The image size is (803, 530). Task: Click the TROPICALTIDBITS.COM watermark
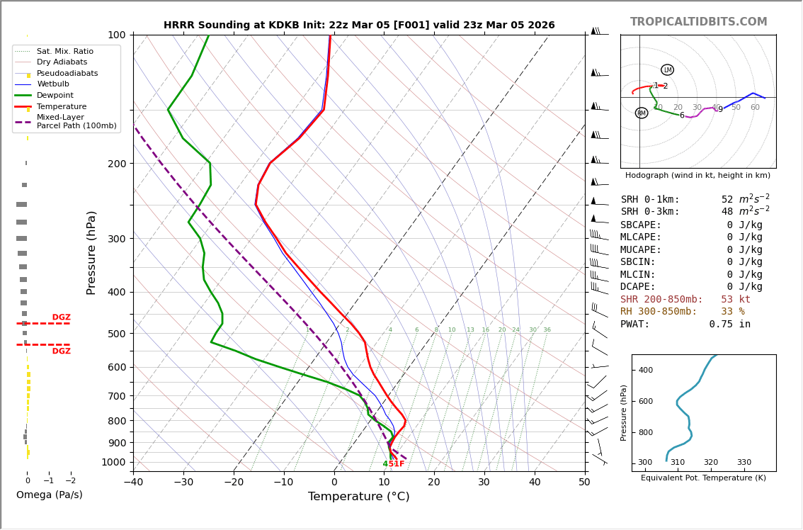pos(698,22)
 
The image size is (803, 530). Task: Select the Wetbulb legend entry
pos(53,84)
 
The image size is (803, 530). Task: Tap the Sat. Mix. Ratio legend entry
pos(65,52)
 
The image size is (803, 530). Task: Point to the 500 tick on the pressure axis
pos(117,334)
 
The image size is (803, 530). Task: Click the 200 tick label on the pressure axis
pos(117,164)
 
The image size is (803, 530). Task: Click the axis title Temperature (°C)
pos(358,497)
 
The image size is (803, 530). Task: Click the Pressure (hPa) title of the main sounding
pos(91,252)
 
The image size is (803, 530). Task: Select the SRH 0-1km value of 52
pos(727,200)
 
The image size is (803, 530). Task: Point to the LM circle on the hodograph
pos(667,70)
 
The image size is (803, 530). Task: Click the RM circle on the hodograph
pos(641,113)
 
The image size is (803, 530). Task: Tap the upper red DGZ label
pos(61,317)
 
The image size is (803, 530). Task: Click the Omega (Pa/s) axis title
pos(49,495)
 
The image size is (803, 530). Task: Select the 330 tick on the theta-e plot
pos(744,463)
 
